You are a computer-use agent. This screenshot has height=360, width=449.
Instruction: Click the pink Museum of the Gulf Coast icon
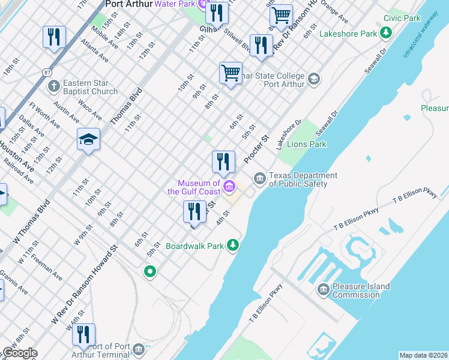coord(229,188)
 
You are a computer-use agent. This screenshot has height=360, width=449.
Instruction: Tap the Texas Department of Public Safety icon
coord(259,178)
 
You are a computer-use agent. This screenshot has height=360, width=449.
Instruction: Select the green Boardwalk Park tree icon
coord(234,245)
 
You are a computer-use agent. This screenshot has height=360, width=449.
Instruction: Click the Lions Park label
coord(306,144)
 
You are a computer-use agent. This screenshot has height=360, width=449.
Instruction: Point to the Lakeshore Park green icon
coord(386,34)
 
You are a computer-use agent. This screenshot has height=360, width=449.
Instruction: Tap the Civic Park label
coord(402,19)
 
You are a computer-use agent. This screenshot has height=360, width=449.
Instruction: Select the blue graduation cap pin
coord(88,140)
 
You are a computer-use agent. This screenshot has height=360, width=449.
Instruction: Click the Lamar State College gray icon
coord(313,79)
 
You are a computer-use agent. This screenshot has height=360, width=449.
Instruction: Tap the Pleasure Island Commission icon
coord(323,290)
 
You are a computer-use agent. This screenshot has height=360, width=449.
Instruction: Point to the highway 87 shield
coord(47,72)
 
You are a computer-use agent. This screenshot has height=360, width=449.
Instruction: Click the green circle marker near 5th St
coord(149,272)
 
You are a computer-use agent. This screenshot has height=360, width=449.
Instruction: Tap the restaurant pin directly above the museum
coord(223,161)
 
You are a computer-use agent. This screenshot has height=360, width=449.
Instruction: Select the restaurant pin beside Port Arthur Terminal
coord(83,334)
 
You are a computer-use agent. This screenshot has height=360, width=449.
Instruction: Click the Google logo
coord(19,353)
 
